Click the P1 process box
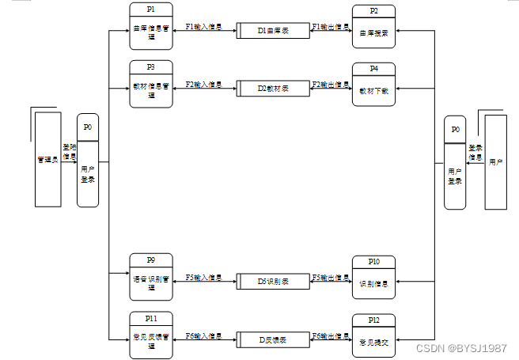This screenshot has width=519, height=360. pos(151,26)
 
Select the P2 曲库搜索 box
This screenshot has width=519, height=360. pos(373,28)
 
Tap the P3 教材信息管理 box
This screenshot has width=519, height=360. pos(151,84)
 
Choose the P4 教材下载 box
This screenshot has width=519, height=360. pos(373,85)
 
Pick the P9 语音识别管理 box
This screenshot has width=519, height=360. pos(151,277)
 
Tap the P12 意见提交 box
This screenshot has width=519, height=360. pos(373,335)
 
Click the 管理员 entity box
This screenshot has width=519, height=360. pos(48,159)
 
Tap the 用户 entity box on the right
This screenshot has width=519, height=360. pos(496,161)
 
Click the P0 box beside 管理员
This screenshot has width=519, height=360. pos(88,161)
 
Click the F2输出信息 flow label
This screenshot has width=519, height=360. pos(331,84)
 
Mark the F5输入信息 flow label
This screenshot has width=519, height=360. pos(203,278)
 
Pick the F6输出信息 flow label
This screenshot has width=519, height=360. pos(331,335)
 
